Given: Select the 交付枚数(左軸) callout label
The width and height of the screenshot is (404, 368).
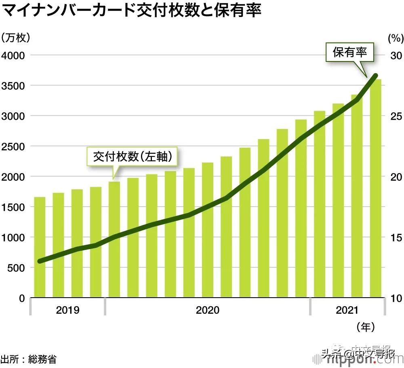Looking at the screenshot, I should pyautogui.click(x=133, y=157).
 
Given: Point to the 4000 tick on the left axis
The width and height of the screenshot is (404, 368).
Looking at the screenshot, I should pyautogui.click(x=14, y=55).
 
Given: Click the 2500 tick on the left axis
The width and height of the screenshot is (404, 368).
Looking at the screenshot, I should pyautogui.click(x=14, y=146).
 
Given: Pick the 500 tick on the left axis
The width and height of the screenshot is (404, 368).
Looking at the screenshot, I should pyautogui.click(x=17, y=268).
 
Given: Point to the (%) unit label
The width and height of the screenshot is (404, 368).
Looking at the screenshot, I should pyautogui.click(x=395, y=38).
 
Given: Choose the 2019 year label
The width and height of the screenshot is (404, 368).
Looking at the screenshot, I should pyautogui.click(x=67, y=310).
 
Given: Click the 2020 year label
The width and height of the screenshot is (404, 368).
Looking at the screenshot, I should pyautogui.click(x=207, y=310).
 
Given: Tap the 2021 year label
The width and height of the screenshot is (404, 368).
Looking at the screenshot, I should pyautogui.click(x=347, y=310).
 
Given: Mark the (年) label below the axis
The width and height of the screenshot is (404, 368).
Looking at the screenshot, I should pyautogui.click(x=366, y=326).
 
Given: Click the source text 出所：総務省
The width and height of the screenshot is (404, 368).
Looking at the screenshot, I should pyautogui.click(x=28, y=359).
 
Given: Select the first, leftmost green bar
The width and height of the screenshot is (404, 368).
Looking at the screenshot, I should pyautogui.click(x=40, y=247).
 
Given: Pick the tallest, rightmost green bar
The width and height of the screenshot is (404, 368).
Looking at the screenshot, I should pyautogui.click(x=376, y=188).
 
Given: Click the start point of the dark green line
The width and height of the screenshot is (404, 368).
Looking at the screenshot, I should pyautogui.click(x=40, y=261).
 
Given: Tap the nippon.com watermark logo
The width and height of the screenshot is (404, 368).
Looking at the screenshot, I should pyautogui.click(x=364, y=358).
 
